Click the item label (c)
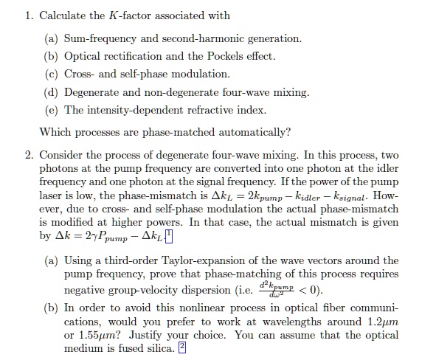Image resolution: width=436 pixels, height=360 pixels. [x=53, y=75]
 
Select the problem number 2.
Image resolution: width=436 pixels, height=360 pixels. [x=28, y=156]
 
